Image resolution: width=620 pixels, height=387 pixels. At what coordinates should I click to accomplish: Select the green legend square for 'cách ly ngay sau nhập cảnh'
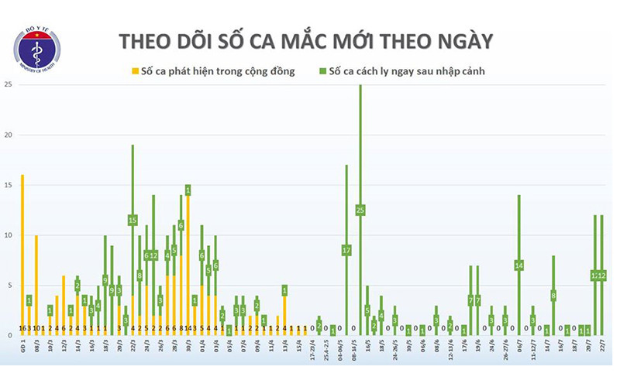point(322,72)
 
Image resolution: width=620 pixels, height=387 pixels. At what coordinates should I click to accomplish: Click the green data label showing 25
point(360,210)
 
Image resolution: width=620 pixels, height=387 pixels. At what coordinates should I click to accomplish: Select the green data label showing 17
point(346,250)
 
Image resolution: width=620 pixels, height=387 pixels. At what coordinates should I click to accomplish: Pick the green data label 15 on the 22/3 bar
point(133,220)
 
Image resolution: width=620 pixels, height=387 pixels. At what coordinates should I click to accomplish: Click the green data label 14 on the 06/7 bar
point(519,265)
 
